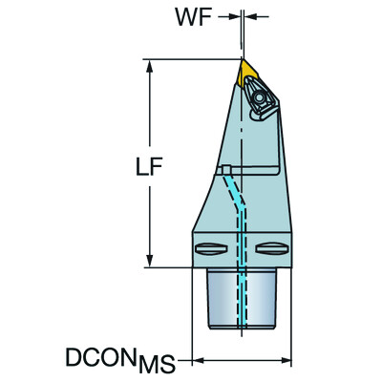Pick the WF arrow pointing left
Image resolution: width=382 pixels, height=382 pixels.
(x=250, y=17)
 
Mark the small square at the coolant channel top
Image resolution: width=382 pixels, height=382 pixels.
(x=226, y=170)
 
